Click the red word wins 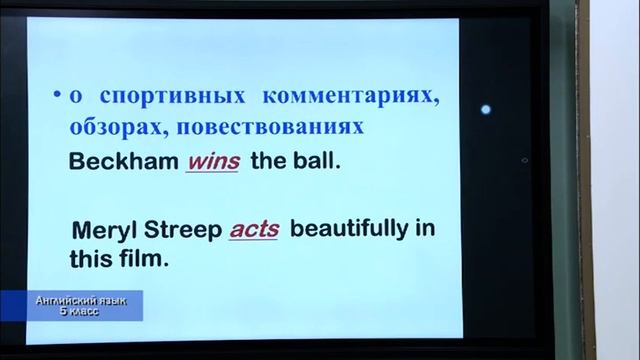[x=212, y=161]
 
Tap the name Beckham [x=123, y=161]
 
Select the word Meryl [x=103, y=229]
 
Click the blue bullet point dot [x=57, y=97]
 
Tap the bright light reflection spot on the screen [x=486, y=110]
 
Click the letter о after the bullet [x=74, y=98]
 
